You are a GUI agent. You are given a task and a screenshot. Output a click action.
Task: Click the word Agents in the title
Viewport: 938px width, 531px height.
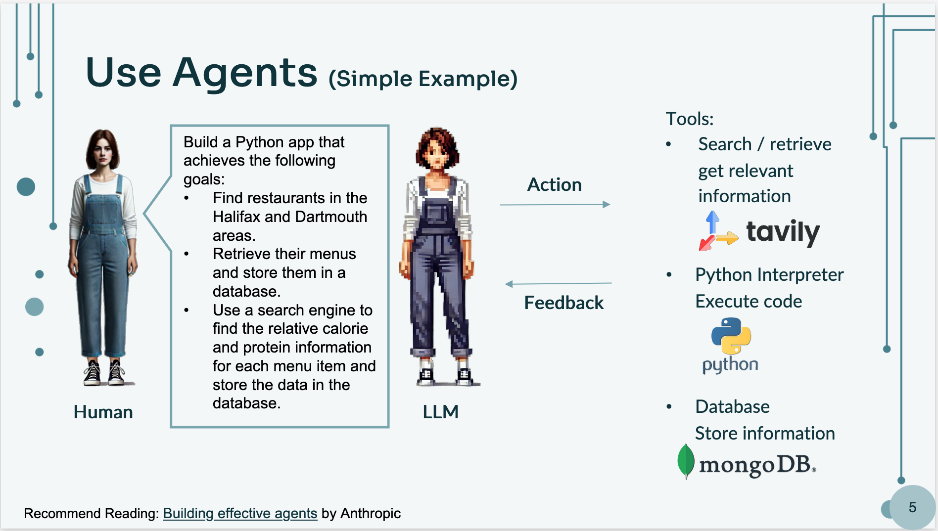point(244,73)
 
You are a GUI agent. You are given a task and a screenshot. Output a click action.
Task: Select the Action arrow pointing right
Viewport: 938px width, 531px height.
point(555,204)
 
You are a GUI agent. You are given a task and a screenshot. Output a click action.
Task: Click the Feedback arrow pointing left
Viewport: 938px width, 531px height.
point(558,284)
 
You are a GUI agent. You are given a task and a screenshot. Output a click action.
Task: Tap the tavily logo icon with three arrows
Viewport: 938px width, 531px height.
point(718,231)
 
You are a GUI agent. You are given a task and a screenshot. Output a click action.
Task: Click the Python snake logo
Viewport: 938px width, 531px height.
point(731,336)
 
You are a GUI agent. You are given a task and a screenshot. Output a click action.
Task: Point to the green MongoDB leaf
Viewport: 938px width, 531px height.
point(686,461)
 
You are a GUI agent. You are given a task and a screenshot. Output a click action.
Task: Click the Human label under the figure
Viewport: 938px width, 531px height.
point(103,412)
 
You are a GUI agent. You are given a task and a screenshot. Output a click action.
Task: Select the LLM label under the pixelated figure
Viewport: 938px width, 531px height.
point(440,412)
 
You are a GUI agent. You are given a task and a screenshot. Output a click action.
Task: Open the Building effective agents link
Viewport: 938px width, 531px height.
point(240,514)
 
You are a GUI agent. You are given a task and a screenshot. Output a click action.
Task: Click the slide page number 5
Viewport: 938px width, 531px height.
point(912,507)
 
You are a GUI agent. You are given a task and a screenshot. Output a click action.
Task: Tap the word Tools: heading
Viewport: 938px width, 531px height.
point(690,119)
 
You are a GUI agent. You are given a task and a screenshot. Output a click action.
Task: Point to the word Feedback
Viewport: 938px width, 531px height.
point(564,303)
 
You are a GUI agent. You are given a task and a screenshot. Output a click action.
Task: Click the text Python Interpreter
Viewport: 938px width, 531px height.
point(769,274)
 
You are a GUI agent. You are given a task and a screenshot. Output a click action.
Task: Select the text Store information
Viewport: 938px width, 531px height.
point(765,433)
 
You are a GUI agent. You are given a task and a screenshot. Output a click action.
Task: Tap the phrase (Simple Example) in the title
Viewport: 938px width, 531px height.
point(423,79)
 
